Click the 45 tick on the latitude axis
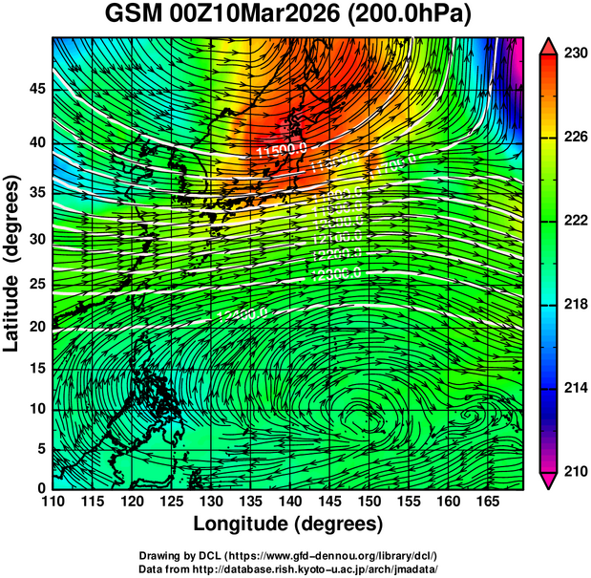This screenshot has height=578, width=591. coord(34,90)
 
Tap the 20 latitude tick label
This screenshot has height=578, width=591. coord(34,327)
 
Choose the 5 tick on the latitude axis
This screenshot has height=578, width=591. coord(40,447)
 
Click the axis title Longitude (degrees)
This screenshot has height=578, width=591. coord(288,524)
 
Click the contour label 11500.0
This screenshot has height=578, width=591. coord(282,151)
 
